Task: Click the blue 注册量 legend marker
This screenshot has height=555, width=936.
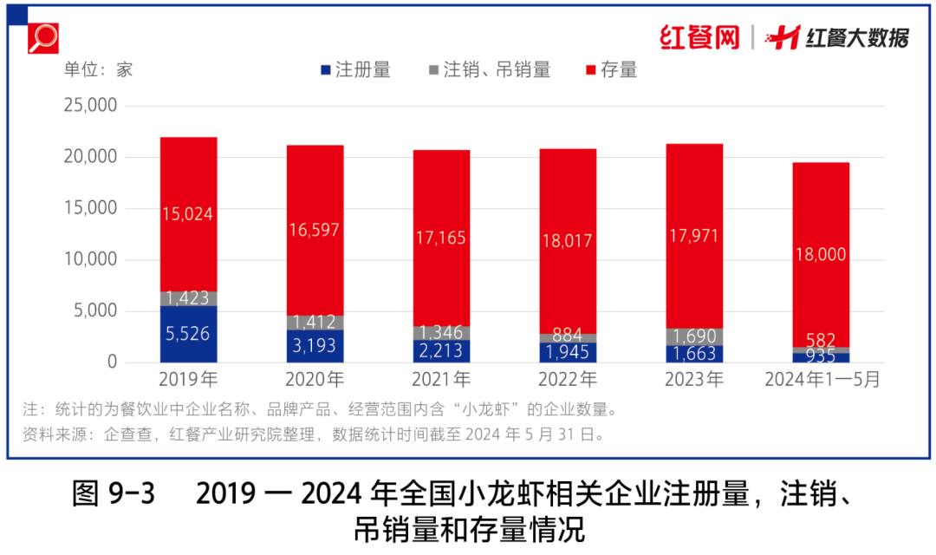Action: tap(326, 70)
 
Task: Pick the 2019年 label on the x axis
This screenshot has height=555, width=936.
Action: tap(189, 380)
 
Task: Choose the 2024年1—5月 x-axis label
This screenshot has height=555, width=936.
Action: tap(822, 380)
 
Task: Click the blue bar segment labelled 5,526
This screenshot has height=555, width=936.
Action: tap(189, 334)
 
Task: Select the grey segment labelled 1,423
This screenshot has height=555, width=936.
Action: tap(189, 299)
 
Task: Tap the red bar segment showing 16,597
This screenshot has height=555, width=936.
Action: tap(315, 230)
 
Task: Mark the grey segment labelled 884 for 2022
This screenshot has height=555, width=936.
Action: tap(568, 337)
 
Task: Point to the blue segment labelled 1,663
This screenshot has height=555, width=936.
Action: tap(694, 354)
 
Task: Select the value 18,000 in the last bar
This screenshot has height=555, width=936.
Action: tap(821, 254)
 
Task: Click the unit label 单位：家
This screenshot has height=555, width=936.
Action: tap(98, 70)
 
